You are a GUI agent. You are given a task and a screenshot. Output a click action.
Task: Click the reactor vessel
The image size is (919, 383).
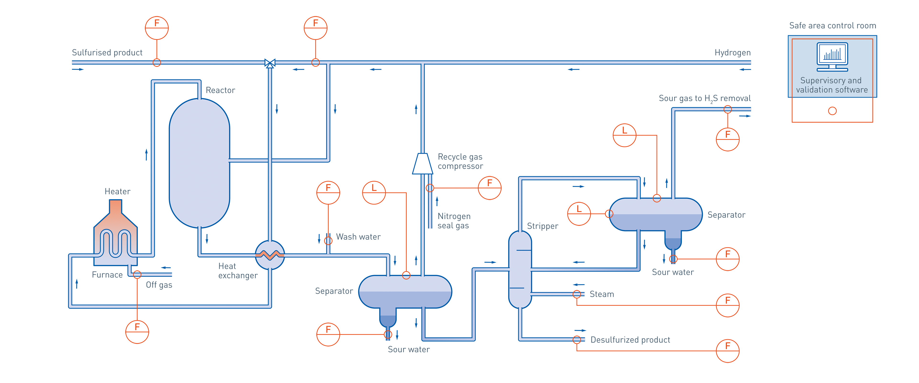[x=199, y=163]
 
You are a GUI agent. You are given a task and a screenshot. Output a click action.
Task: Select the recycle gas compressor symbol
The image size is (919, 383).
[x=422, y=164]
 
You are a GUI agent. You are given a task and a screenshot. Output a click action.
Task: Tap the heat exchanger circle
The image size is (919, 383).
[x=270, y=255]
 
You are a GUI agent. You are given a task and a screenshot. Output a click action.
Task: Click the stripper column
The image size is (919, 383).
[x=520, y=270]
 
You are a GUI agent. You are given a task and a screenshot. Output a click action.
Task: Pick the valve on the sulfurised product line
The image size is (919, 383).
[x=270, y=63]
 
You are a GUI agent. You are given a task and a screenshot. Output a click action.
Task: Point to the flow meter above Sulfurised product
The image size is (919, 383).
[x=157, y=28]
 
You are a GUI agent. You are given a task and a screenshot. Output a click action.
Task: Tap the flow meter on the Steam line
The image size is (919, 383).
[x=728, y=305]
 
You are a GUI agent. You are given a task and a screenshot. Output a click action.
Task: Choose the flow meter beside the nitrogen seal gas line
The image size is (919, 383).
[x=489, y=188]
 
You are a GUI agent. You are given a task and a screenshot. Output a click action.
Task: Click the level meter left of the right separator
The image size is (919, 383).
[x=579, y=214]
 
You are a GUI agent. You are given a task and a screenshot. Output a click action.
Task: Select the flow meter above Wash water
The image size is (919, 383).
[x=328, y=192]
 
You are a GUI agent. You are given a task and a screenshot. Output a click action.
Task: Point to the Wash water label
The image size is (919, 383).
[x=358, y=237]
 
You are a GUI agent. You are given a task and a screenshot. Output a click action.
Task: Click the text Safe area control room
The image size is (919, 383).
[x=832, y=26]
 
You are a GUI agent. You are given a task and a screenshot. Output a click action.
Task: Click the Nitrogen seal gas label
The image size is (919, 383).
[x=454, y=221]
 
